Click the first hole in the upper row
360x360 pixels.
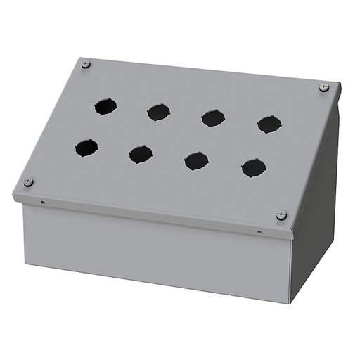(105, 107)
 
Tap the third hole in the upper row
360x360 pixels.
(213, 117)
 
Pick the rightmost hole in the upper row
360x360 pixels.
(269, 124)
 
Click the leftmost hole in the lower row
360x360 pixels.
(86, 148)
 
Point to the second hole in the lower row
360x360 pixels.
(141, 154)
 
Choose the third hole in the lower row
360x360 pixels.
(196, 160)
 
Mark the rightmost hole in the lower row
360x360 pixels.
(254, 167)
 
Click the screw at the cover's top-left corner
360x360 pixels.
(86, 65)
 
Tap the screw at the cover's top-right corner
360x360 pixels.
(323, 88)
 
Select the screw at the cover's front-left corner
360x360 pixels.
(28, 182)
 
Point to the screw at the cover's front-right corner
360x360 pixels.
(281, 215)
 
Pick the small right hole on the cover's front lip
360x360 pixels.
(259, 231)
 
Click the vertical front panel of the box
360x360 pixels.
(155, 253)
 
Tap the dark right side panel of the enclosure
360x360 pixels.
(316, 204)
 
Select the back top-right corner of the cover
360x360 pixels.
(338, 84)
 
